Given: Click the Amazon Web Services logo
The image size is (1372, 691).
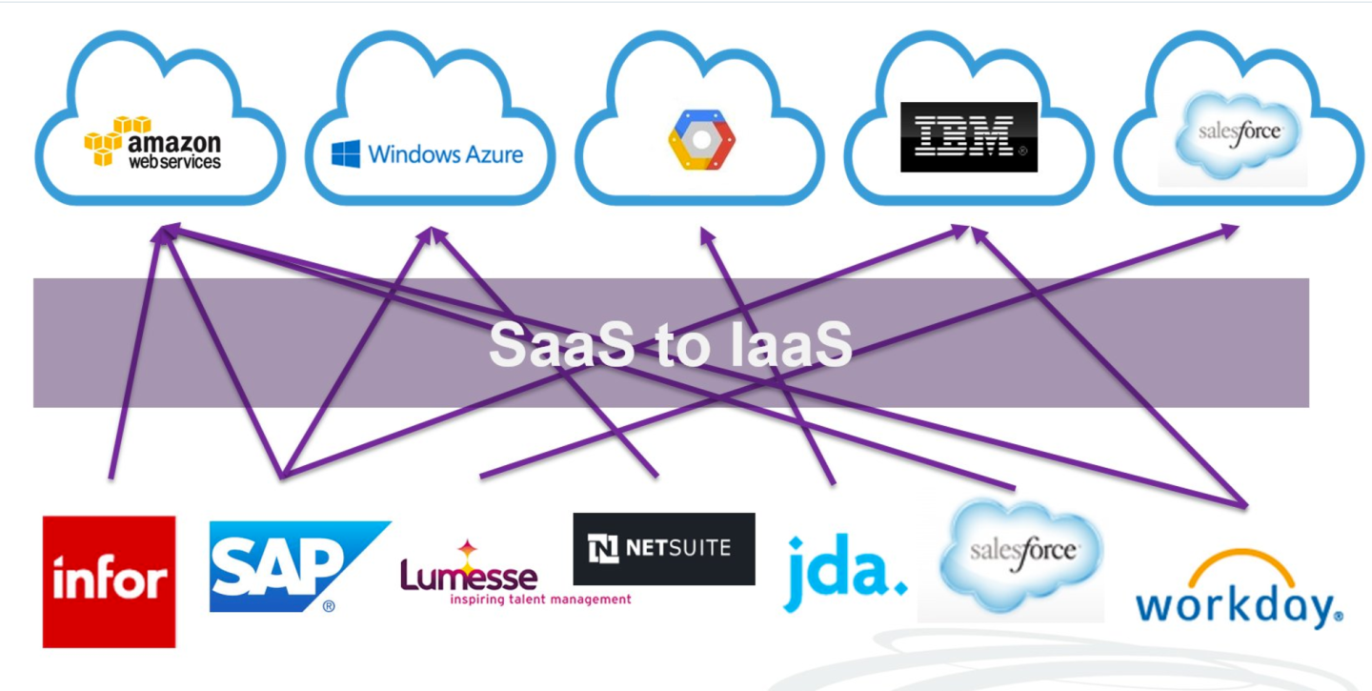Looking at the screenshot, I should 152,143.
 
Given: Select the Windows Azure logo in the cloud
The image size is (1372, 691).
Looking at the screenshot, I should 428,154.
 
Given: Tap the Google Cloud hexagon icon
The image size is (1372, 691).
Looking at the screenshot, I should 701,140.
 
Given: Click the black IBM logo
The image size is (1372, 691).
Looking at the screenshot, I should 969,137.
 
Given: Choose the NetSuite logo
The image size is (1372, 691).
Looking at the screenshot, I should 663,548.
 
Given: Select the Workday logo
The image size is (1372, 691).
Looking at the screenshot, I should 1239,601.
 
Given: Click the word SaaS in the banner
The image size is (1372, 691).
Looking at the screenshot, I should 560,345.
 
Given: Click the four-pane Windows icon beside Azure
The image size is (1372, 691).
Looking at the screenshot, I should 346,154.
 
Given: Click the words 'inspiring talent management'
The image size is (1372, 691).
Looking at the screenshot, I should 540,600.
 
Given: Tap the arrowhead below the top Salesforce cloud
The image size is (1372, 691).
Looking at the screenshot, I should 1232,229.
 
